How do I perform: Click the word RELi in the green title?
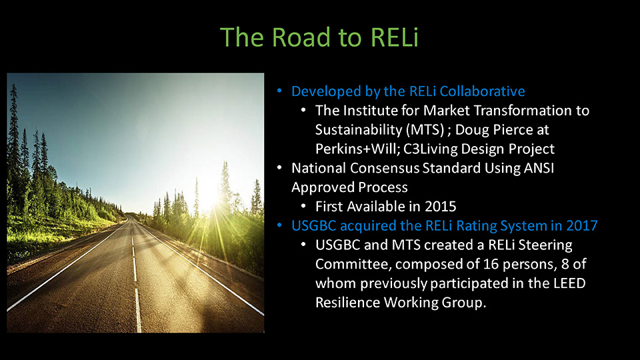[x=395, y=37]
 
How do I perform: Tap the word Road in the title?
[x=301, y=37]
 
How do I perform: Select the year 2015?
[x=441, y=207]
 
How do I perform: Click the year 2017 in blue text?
[x=581, y=226]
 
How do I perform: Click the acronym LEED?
[x=568, y=283]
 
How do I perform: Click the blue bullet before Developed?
[x=279, y=91]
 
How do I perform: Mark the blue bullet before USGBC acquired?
[x=279, y=225]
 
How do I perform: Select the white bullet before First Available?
[x=303, y=207]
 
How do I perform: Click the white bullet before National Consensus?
[x=279, y=168]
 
